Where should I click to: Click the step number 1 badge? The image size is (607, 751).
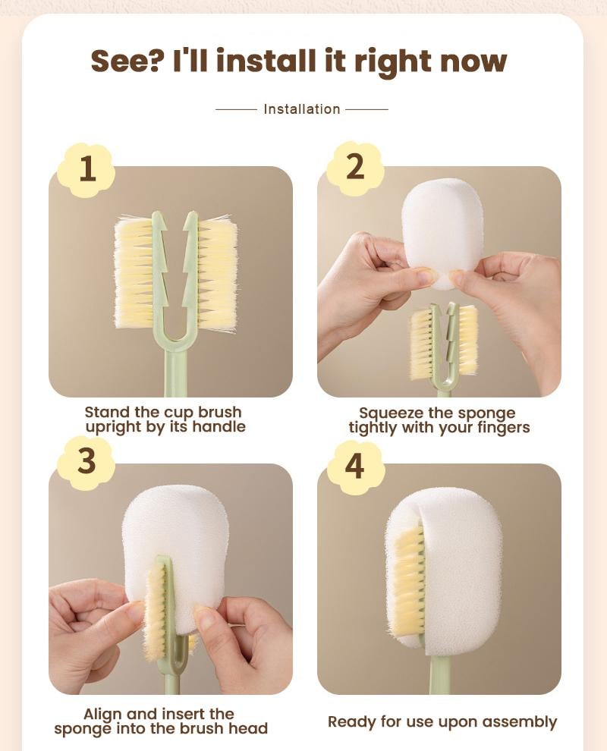coord(87,168)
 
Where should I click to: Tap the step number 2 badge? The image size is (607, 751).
coord(354,168)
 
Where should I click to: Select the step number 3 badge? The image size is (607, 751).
coord(86,462)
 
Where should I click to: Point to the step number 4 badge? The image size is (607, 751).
coord(354,465)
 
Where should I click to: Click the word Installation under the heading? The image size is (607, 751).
coord(302,109)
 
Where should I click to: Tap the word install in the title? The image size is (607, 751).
coord(269,60)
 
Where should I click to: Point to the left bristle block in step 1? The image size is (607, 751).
coord(134,273)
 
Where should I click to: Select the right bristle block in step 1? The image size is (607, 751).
coord(217,273)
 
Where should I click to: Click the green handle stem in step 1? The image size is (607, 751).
coord(175,375)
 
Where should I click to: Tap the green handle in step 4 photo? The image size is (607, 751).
coord(439,674)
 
